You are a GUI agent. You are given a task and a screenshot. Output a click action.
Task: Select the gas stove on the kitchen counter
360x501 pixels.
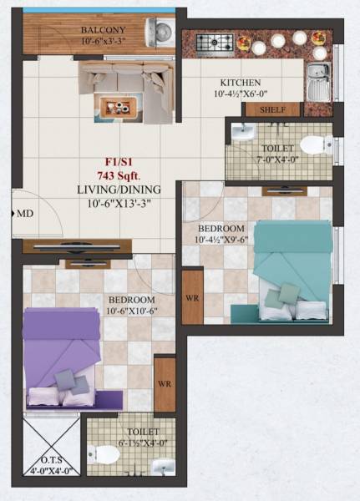(x=215, y=42)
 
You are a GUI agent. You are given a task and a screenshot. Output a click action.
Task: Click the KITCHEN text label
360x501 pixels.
(x=241, y=83)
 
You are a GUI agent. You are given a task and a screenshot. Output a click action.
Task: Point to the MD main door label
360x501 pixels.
(x=25, y=214)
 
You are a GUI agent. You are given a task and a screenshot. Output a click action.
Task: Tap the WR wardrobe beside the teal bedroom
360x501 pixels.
(x=192, y=296)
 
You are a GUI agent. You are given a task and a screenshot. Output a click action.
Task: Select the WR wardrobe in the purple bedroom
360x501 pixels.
(x=165, y=384)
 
